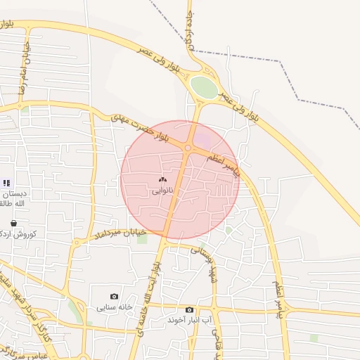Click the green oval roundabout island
[x=204, y=87]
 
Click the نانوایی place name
[x=160, y=191]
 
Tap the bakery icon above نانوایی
[x=163, y=180]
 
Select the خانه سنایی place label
[x=115, y=308]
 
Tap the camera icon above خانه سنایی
[x=115, y=297]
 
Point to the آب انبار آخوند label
[x=189, y=320]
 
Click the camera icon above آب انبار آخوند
[x=189, y=309]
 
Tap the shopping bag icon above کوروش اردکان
[x=13, y=223]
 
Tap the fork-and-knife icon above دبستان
[x=6, y=183]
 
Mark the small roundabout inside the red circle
[x=188, y=148]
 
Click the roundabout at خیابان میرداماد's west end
[x=77, y=243]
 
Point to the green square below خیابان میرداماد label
[x=143, y=240]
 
